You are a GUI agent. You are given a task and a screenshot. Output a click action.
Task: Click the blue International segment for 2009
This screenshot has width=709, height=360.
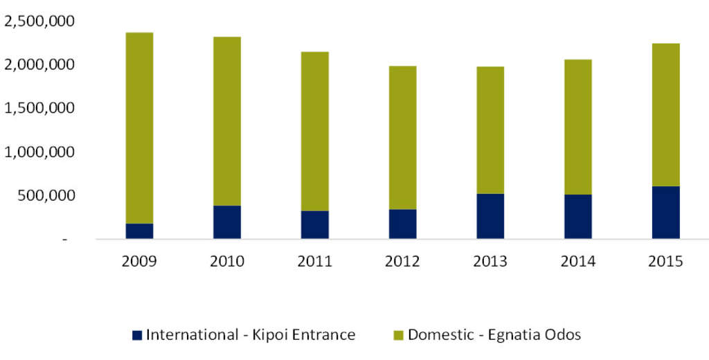click(139, 231)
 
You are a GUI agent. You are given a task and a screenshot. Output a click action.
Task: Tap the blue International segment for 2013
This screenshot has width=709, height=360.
click(490, 216)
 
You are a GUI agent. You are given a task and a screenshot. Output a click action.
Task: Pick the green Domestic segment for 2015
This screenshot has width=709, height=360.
click(665, 115)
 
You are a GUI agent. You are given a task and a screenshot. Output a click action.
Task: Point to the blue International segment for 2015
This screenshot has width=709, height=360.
click(665, 213)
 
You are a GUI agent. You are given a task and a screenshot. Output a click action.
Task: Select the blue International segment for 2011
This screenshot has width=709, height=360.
click(315, 225)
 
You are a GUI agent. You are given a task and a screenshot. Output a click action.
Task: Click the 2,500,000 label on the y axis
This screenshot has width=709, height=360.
click(39, 21)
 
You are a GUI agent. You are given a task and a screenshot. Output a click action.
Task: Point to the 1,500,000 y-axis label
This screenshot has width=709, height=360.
click(39, 109)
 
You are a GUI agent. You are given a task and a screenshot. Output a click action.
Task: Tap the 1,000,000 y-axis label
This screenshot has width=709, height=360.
click(39, 152)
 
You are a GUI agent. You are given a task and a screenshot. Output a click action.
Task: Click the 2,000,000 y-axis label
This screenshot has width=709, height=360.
click(39, 65)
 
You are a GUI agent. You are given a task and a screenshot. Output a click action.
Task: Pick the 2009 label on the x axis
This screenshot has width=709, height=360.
click(140, 262)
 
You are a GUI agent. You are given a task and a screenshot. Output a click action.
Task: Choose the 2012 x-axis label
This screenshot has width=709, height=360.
click(402, 262)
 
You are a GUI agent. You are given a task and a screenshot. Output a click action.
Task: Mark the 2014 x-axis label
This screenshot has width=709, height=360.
click(577, 262)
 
